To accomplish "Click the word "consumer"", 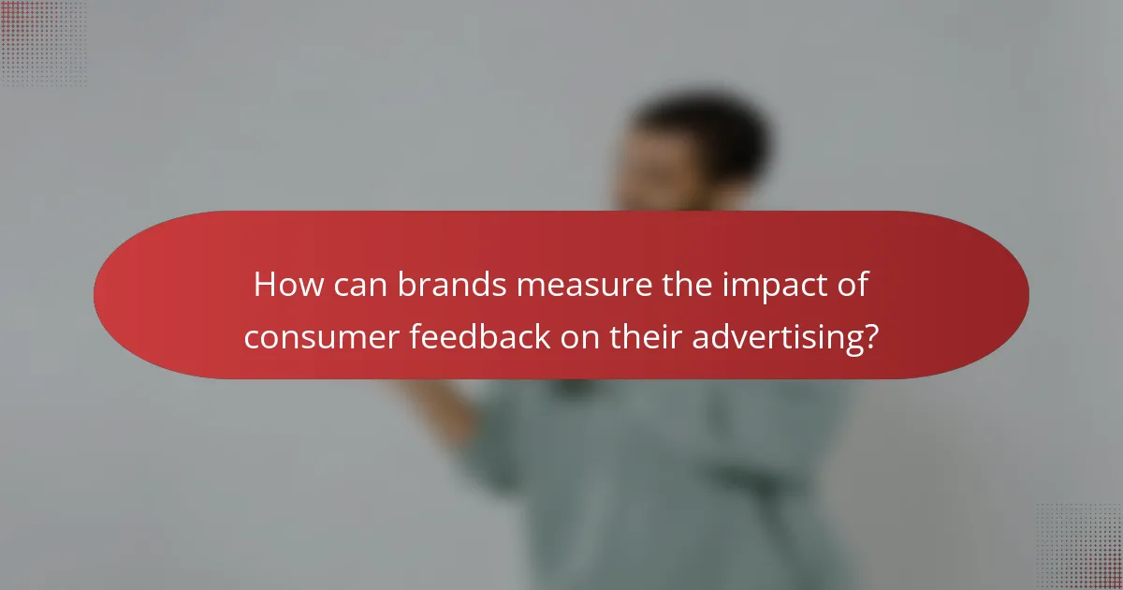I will (x=321, y=336).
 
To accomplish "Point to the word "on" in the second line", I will (x=581, y=336).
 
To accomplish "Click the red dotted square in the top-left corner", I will (x=42, y=42).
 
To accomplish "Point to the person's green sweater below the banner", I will (x=655, y=468).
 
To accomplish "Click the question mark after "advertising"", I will (x=870, y=336).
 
